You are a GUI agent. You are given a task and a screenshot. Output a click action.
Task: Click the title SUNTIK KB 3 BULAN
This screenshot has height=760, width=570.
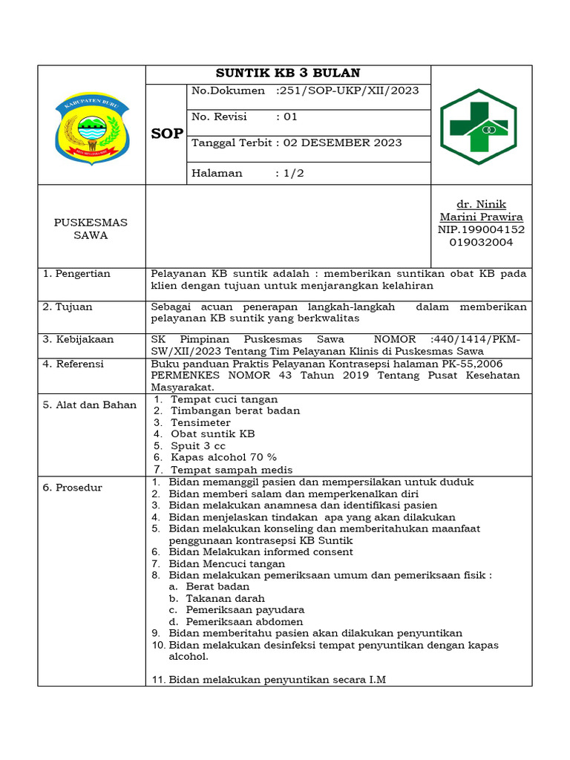pos(288,73)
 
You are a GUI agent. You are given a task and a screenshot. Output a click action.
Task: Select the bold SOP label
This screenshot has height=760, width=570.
pos(166,134)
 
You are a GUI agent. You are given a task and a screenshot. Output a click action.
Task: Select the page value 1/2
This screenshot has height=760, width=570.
pos(289,173)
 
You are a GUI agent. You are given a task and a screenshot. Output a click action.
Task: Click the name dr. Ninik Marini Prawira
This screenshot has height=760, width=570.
pos(481,211)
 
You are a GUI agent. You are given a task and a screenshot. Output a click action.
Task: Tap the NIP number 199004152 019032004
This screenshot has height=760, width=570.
pos(481,236)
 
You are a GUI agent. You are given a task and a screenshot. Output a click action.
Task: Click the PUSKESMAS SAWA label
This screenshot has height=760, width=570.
pos(91,229)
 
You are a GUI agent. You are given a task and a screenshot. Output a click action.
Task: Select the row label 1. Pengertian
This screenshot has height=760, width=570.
pos(77,274)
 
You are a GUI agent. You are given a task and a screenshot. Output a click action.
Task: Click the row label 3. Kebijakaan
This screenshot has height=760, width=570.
pos(79,339)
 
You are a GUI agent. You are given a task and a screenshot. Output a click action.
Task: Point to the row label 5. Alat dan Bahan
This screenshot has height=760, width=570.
pos(90,404)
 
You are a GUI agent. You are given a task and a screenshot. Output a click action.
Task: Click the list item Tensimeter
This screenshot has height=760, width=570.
pos(200,422)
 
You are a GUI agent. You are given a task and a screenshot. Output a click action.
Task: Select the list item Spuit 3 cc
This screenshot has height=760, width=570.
pos(198,446)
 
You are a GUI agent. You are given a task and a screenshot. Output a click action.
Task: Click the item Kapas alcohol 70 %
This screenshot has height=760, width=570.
pos(223,457)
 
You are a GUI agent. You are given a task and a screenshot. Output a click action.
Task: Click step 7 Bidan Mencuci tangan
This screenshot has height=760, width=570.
pos(226,563)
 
